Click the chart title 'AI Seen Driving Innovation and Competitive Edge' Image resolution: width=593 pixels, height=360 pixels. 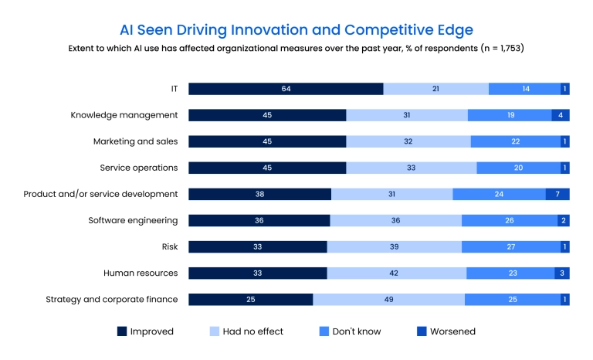(296, 29)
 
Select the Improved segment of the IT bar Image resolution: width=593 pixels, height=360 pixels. (286, 89)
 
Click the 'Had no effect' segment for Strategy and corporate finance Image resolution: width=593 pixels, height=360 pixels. (388, 300)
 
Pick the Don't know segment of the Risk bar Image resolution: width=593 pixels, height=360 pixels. (510, 247)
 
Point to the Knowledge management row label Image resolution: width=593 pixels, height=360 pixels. (124, 115)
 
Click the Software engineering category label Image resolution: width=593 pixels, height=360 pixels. (134, 220)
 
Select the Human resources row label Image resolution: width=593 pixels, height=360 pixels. (141, 273)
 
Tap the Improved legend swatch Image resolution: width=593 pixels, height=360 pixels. (122, 331)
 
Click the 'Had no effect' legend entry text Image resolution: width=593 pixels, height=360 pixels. (252, 331)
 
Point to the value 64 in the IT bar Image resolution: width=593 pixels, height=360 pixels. (286, 89)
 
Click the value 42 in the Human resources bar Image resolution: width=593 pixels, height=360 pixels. (396, 273)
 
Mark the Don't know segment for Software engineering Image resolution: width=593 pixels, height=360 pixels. (510, 221)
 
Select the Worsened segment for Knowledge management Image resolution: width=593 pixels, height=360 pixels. (561, 115)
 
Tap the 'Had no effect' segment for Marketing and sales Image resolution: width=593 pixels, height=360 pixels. (408, 141)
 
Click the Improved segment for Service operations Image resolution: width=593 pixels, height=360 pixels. (267, 168)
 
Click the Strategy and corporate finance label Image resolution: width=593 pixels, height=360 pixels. (112, 299)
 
